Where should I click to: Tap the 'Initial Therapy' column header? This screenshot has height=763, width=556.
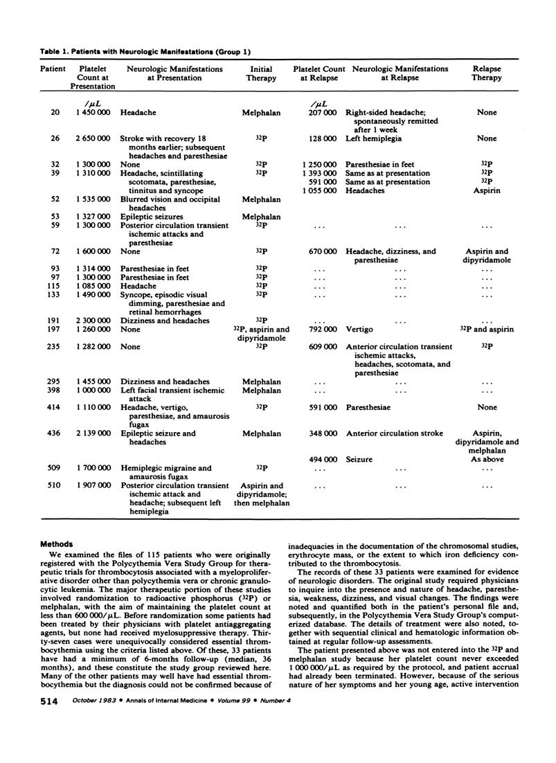(x=261, y=73)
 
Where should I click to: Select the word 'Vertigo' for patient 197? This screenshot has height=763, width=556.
(x=360, y=330)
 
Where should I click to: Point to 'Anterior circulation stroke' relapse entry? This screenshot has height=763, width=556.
(x=394, y=433)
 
